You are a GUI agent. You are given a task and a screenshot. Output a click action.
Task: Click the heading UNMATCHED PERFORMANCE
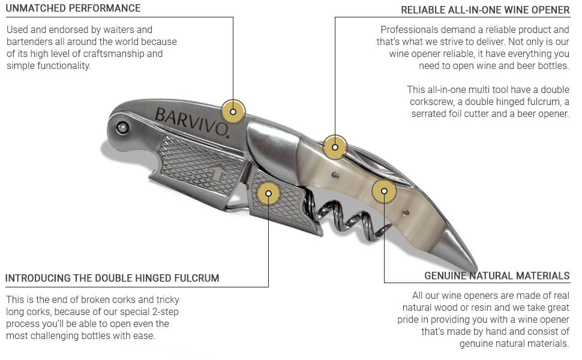click(73, 8)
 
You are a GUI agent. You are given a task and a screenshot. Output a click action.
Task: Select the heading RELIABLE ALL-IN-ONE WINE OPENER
click(485, 10)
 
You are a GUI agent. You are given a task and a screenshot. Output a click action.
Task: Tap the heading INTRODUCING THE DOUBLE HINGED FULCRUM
click(112, 278)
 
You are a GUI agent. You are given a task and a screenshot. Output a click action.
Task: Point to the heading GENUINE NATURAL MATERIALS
click(497, 276)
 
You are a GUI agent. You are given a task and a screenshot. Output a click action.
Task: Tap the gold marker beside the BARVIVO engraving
click(233, 112)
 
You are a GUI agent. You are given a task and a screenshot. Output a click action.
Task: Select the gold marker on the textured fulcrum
click(268, 193)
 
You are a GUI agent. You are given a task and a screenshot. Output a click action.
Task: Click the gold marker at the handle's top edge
click(335, 148)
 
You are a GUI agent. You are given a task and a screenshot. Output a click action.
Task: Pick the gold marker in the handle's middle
click(384, 191)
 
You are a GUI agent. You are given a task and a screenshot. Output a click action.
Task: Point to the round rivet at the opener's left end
click(122, 128)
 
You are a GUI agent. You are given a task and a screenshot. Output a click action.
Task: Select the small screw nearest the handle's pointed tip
click(406, 212)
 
